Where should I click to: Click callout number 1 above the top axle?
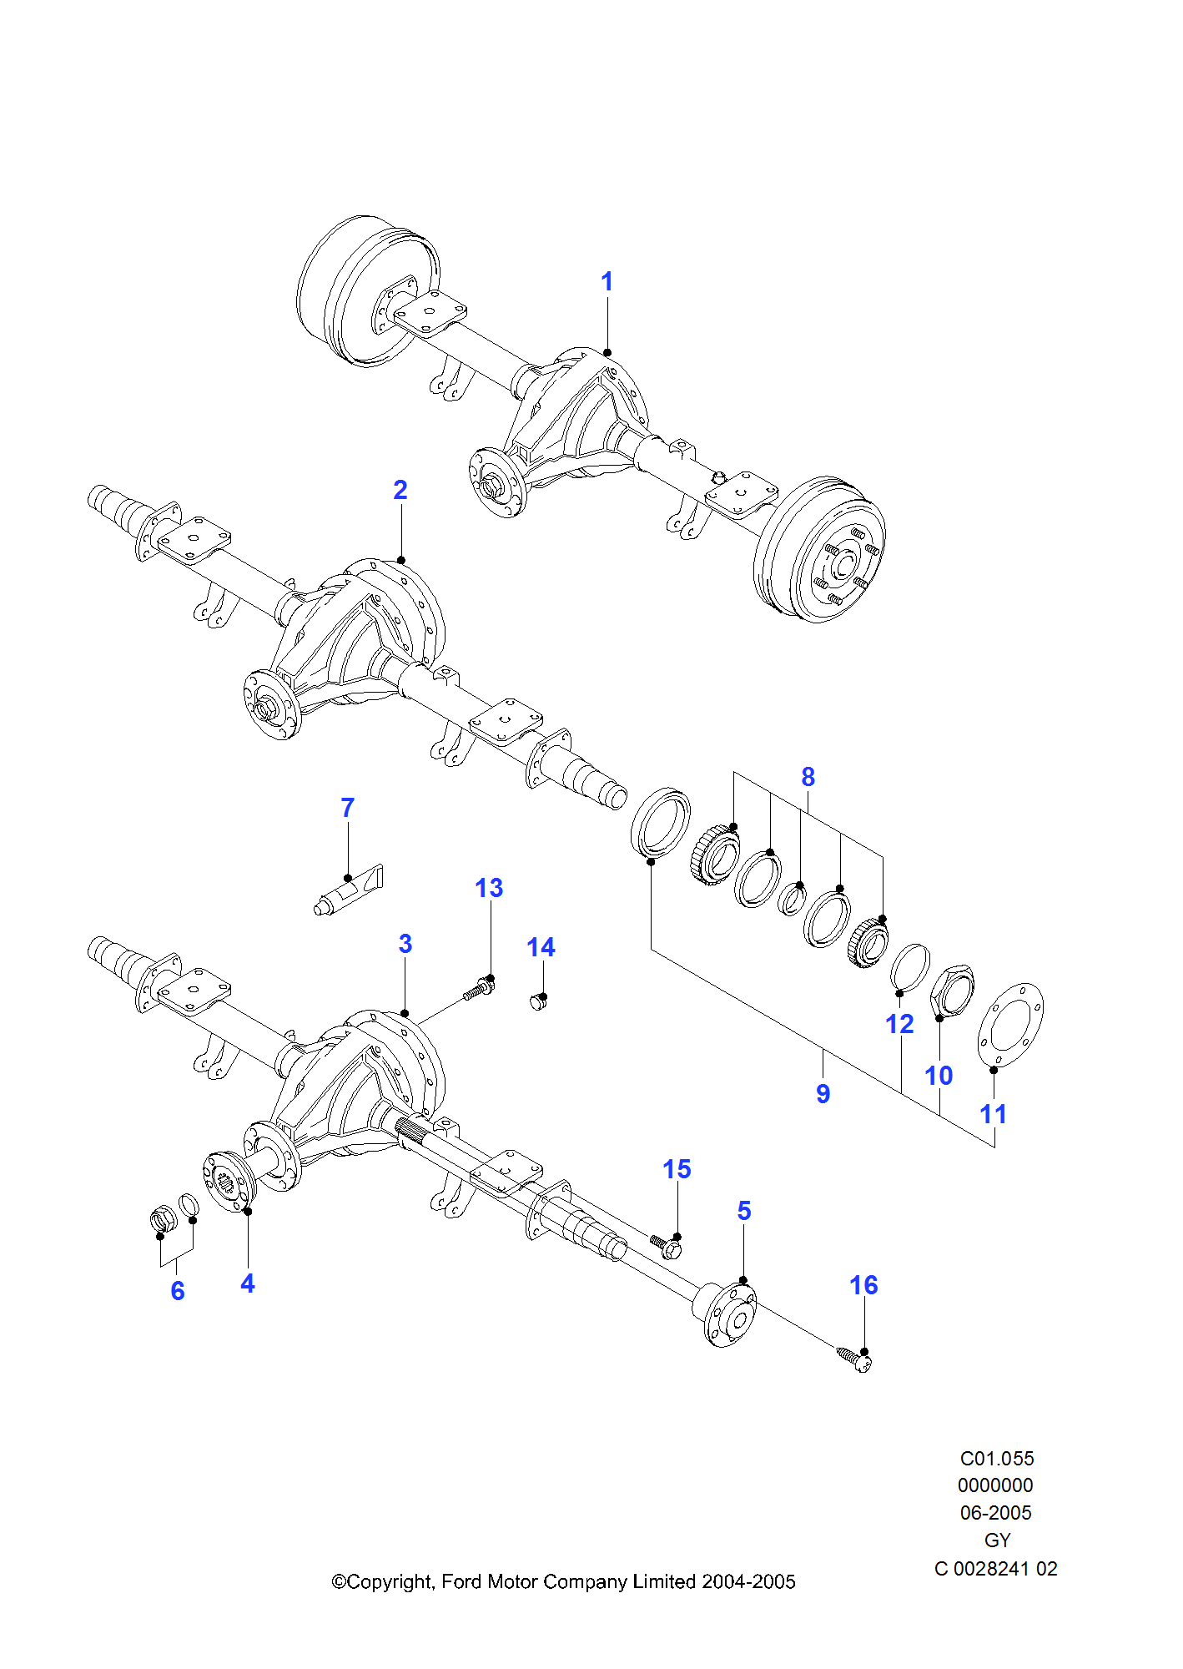click(x=607, y=282)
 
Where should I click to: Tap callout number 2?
click(x=400, y=490)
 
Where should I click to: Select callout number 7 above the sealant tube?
click(x=348, y=808)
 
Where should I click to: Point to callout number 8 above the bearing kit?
click(x=808, y=777)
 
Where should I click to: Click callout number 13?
click(x=489, y=888)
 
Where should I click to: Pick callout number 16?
click(x=863, y=1285)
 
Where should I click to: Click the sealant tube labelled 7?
click(x=349, y=890)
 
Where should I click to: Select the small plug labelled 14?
click(x=538, y=1001)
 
